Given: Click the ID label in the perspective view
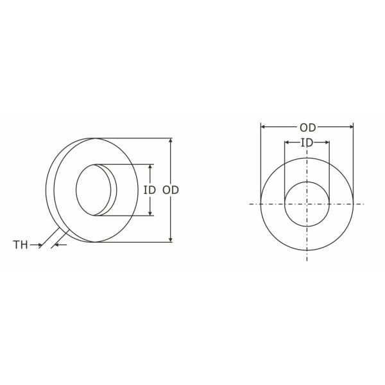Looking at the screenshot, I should tap(150, 190).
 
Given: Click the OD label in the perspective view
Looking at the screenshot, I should tap(170, 190).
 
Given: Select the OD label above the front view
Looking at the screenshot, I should tap(307, 127).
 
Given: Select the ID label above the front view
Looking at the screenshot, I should tap(307, 142).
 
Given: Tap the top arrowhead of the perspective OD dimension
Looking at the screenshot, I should tap(170, 141).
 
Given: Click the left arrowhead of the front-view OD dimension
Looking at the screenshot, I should tap(263, 127).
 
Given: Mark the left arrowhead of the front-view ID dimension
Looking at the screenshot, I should tap(287, 142).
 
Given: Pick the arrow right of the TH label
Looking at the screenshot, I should tap(37, 244).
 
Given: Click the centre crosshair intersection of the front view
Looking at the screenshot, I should tap(307, 204).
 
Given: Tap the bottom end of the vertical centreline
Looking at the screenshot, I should tap(307, 260).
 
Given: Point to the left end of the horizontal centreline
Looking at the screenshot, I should tap(250, 204).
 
